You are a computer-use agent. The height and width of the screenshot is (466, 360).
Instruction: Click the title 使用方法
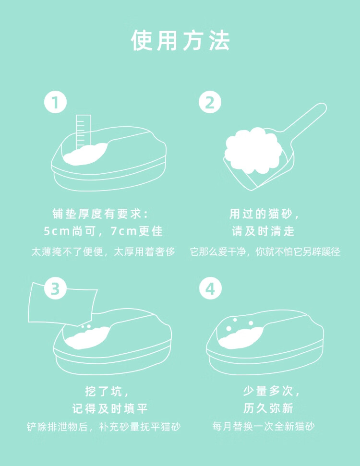pos(180,40)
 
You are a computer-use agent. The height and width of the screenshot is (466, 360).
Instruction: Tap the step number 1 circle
pos(55,102)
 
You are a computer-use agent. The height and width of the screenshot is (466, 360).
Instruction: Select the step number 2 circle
pos(210,102)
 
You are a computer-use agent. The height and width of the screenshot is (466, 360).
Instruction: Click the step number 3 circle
pos(55,288)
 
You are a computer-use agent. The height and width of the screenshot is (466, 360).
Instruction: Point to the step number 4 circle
pos(210,288)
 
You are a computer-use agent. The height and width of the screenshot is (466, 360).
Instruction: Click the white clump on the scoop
pos(253,150)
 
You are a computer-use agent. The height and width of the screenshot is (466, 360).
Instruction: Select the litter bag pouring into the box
pos(62,303)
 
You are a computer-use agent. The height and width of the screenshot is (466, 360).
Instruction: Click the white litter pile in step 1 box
pos(85,154)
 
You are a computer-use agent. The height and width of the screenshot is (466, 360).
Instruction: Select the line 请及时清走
pos(263,231)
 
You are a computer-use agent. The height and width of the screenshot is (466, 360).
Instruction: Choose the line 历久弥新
pos(268,408)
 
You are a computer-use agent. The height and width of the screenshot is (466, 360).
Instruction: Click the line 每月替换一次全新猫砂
pos(264,427)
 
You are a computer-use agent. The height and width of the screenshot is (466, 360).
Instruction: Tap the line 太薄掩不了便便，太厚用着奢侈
pos(103,252)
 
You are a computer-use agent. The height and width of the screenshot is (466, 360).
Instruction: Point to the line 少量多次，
pos(271,391)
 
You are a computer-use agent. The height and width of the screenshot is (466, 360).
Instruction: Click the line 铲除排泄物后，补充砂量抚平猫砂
pos(104,427)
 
